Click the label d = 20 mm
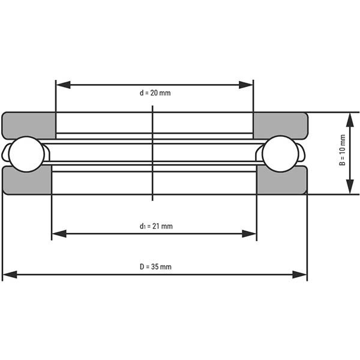(x=155, y=93)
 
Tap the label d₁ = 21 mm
(x=156, y=226)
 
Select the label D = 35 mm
(x=155, y=267)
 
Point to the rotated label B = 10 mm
(x=343, y=150)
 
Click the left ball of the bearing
(x=26, y=154)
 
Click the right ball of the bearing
(x=280, y=154)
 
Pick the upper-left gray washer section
(x=29, y=125)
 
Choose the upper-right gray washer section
(x=281, y=125)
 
